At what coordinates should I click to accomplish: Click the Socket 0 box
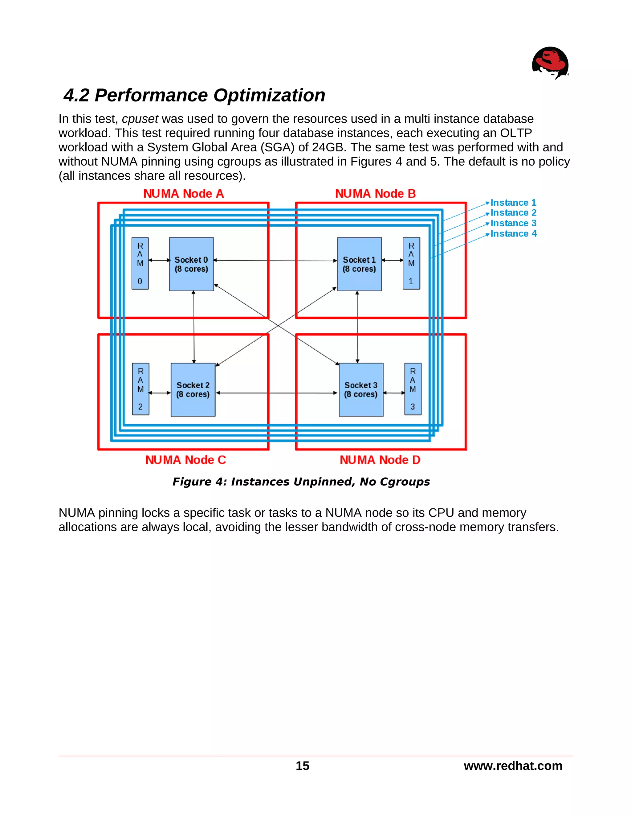pos(191,264)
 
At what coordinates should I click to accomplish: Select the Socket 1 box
pos(359,264)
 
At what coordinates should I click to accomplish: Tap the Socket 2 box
pos(193,389)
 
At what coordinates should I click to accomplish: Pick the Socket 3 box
pos(361,389)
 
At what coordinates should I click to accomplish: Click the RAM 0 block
pos(140,263)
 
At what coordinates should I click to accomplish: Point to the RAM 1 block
pos(411,263)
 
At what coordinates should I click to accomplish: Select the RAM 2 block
pos(140,389)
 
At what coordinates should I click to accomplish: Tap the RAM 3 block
pos(413,389)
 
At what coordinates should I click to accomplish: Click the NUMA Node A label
pos(184,194)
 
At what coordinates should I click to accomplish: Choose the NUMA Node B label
pos(375,194)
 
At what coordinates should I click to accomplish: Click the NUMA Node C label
pos(185,460)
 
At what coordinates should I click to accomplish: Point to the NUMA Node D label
pos(380,460)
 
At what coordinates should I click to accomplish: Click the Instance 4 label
pos(513,233)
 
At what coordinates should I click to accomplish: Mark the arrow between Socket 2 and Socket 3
pos(277,393)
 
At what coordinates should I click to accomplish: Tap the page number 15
pos(303,766)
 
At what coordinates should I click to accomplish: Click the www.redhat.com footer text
pos(513,766)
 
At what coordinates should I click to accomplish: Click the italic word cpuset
pos(140,119)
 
